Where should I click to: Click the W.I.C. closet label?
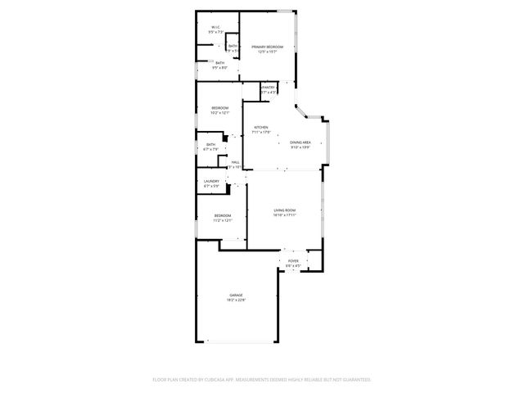click(x=215, y=27)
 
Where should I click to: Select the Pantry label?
click(x=269, y=88)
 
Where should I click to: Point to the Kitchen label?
click(x=261, y=128)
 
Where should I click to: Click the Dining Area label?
click(x=300, y=142)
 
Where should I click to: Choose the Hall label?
click(x=236, y=162)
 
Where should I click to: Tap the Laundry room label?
click(x=212, y=182)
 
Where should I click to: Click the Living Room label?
click(x=284, y=211)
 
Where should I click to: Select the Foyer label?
click(x=292, y=261)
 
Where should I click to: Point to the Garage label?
click(x=237, y=296)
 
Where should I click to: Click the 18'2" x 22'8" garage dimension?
click(x=237, y=300)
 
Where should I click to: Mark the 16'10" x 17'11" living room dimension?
click(x=284, y=216)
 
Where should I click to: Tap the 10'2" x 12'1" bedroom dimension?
click(x=220, y=113)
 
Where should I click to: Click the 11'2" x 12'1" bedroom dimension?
click(x=223, y=220)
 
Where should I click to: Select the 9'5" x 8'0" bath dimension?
click(x=220, y=68)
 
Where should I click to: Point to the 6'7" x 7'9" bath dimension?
click(x=211, y=149)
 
